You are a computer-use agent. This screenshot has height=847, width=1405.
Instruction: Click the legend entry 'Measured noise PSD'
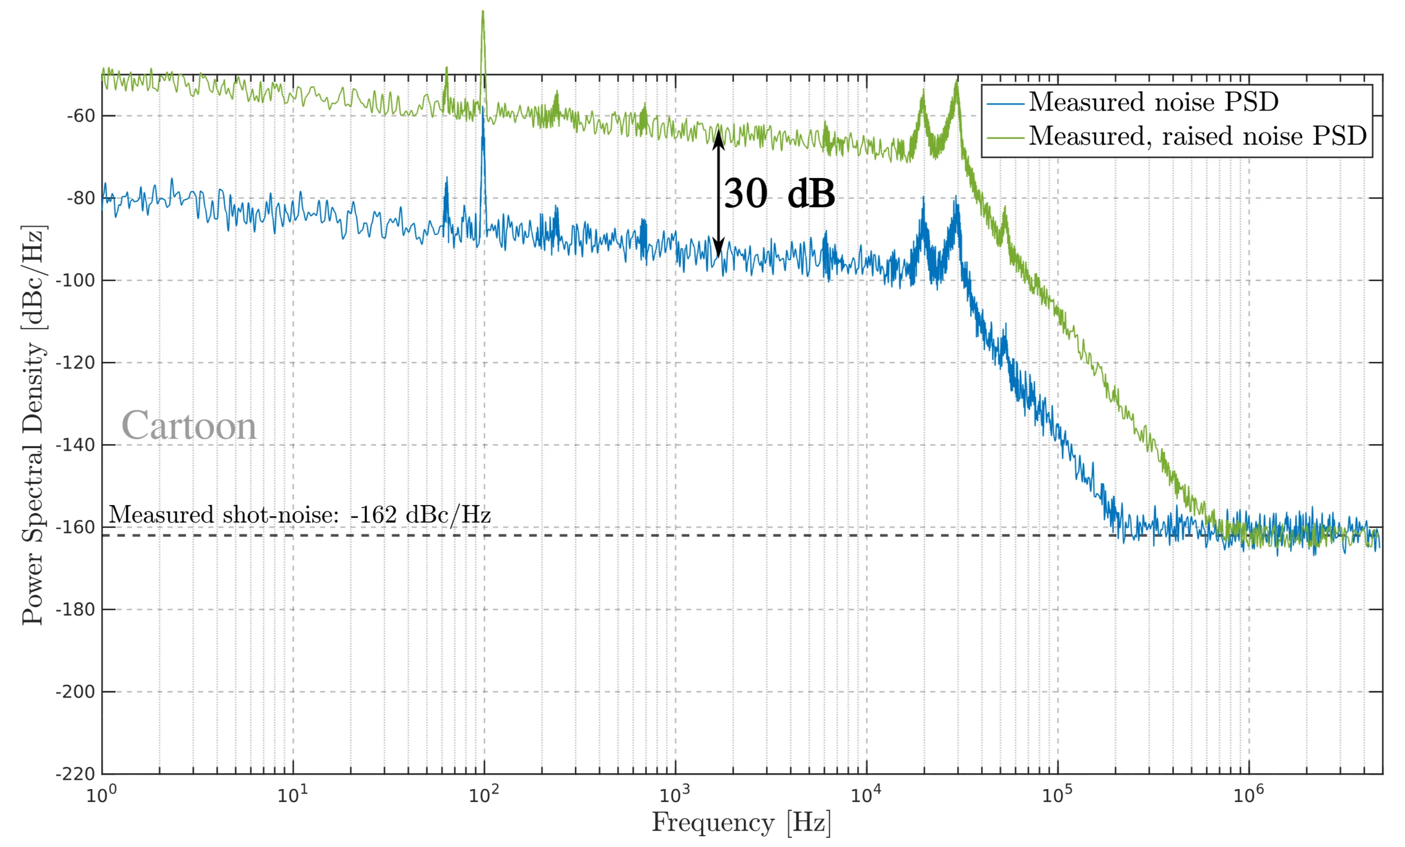[1153, 102]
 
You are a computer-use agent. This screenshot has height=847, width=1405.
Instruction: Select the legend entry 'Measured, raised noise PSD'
[1197, 136]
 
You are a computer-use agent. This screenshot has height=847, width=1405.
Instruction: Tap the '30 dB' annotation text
[779, 193]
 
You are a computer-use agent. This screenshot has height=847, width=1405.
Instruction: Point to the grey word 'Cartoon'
[189, 426]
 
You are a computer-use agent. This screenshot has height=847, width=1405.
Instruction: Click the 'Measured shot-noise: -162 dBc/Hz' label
[299, 514]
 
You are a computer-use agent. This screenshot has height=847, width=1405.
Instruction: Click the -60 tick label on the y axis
[80, 116]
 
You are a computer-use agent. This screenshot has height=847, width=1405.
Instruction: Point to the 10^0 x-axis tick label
[101, 794]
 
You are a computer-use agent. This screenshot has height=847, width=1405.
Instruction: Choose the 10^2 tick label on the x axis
[484, 794]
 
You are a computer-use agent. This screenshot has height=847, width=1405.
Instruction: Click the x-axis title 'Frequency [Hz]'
[741, 823]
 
